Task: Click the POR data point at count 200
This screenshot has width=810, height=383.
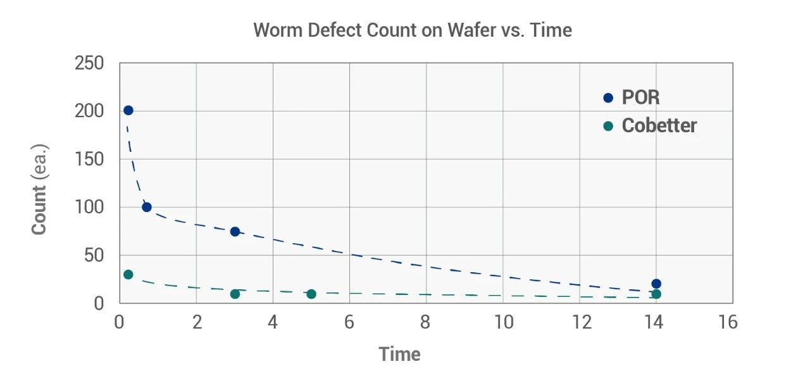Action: pyautogui.click(x=128, y=110)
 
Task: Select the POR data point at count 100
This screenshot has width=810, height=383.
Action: pyautogui.click(x=147, y=207)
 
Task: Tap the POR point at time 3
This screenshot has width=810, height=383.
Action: pyautogui.click(x=235, y=232)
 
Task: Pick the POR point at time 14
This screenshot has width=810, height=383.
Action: pyautogui.click(x=656, y=284)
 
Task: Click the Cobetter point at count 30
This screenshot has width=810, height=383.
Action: pyautogui.click(x=128, y=274)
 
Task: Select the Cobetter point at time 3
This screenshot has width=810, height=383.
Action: pyautogui.click(x=235, y=294)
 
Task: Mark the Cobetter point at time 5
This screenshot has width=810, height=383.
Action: pyautogui.click(x=311, y=294)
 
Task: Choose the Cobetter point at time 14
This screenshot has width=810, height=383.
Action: pyautogui.click(x=656, y=294)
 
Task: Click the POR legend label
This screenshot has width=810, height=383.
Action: pyautogui.click(x=640, y=97)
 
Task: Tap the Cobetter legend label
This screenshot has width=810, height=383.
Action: pyautogui.click(x=659, y=125)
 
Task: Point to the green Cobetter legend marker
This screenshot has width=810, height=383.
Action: pyautogui.click(x=608, y=126)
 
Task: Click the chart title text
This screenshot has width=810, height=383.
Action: pyautogui.click(x=413, y=30)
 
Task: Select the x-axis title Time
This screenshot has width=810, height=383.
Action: pyautogui.click(x=400, y=355)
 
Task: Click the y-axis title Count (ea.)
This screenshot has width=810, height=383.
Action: pyautogui.click(x=39, y=190)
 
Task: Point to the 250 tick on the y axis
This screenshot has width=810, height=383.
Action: pyautogui.click(x=89, y=63)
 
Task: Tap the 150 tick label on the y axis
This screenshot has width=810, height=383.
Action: pyautogui.click(x=89, y=160)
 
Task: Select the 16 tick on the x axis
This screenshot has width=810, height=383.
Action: pyautogui.click(x=728, y=323)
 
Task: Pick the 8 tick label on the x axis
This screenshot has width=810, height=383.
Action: pyautogui.click(x=425, y=323)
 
